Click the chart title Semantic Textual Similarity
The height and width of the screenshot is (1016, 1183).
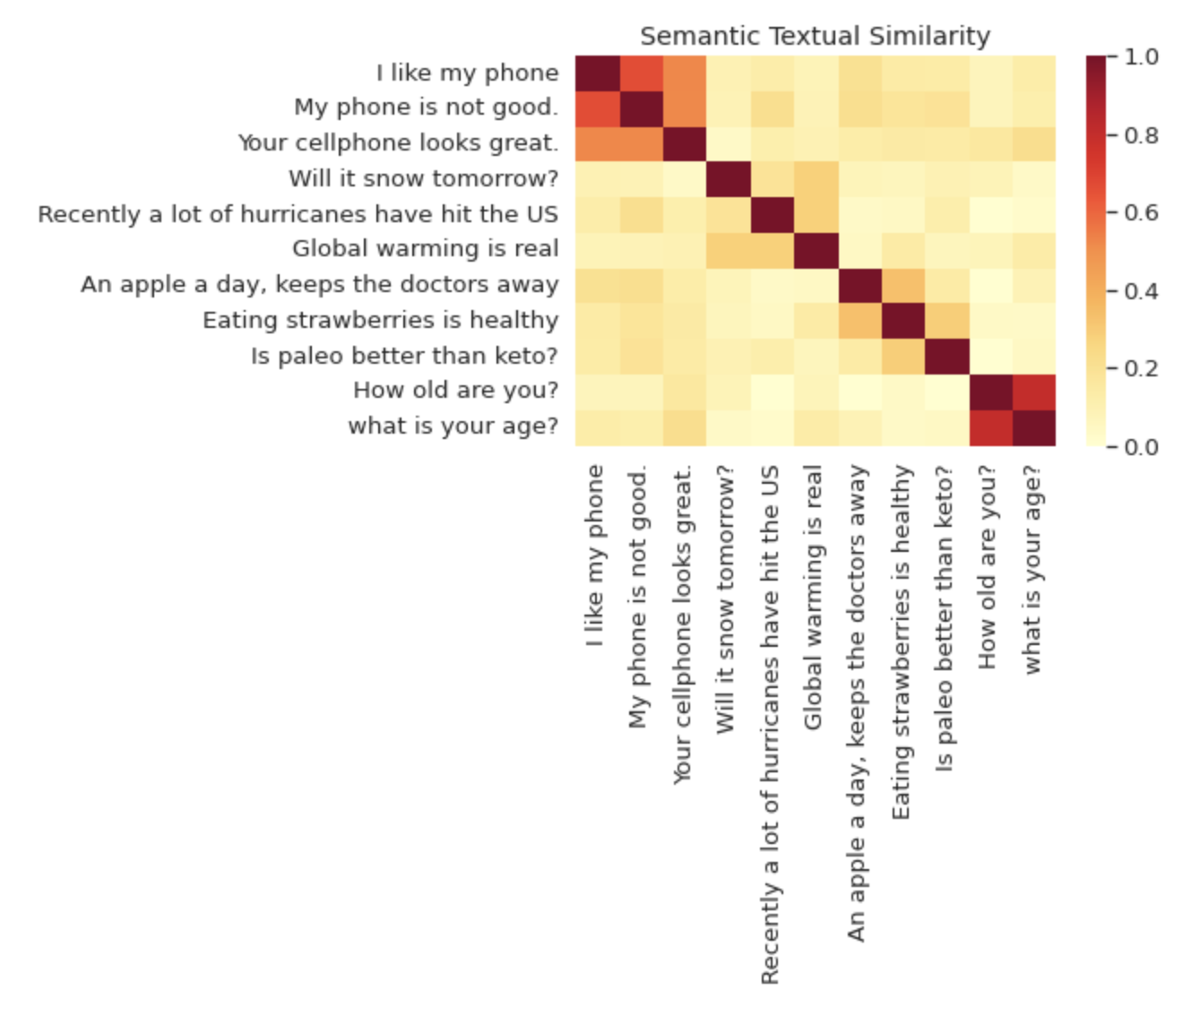pos(815,36)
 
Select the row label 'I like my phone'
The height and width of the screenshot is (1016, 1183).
pos(467,73)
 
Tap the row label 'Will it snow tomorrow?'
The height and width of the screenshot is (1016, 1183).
pos(423,178)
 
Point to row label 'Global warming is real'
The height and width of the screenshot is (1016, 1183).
pos(425,248)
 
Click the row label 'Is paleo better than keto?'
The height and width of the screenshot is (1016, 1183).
pos(404,356)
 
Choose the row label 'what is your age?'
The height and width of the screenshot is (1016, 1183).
pos(453,426)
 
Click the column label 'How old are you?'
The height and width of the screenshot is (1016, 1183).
pos(987,566)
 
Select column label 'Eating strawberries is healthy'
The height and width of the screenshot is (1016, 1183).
pos(901,641)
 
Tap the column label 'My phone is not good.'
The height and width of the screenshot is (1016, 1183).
pos(637,597)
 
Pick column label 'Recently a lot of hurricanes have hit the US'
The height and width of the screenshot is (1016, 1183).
pos(769,724)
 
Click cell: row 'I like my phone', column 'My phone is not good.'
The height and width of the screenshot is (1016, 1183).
pos(641,73)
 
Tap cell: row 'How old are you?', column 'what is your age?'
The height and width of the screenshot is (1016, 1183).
pos(1033,392)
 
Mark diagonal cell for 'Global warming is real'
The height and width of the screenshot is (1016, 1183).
pos(816,251)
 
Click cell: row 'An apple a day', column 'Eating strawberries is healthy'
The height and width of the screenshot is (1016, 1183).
pos(902,286)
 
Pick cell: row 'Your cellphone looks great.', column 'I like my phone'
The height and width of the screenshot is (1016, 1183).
pos(597,144)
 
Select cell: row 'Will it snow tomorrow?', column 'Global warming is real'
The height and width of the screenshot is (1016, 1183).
pos(816,179)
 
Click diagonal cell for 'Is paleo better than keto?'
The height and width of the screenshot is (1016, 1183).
pos(946,357)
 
